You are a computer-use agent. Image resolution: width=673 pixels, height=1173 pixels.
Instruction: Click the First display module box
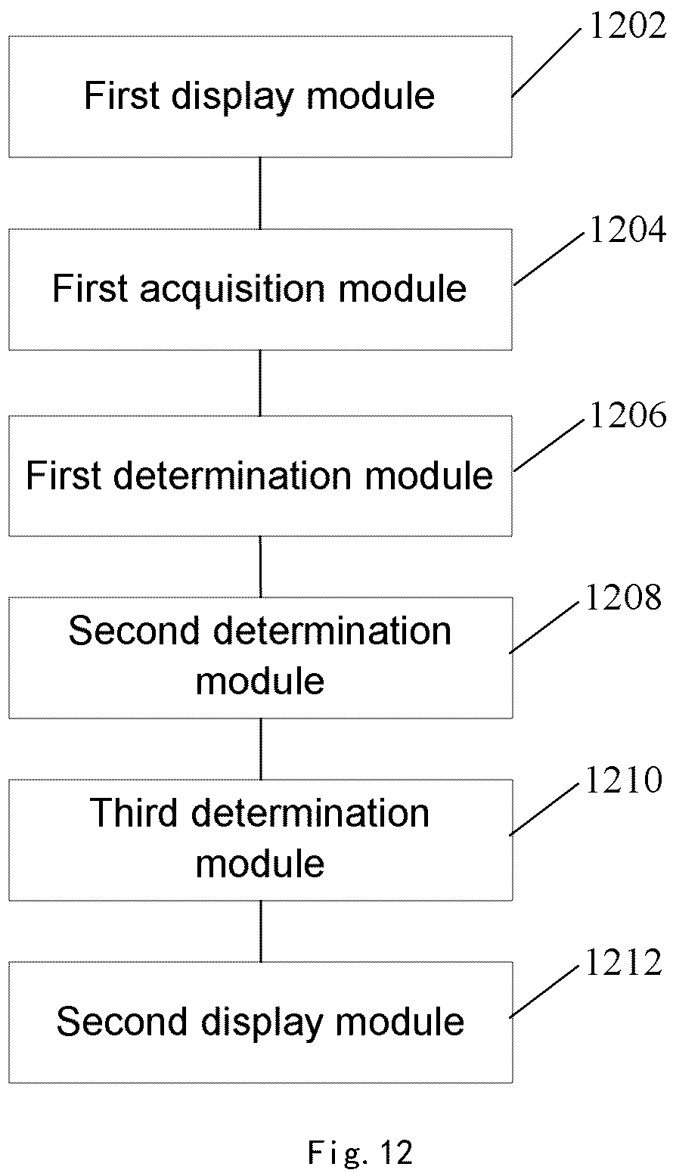[260, 97]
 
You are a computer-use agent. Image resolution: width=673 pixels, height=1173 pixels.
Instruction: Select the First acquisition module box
[260, 290]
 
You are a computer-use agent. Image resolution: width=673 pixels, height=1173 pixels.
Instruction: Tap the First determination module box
[260, 476]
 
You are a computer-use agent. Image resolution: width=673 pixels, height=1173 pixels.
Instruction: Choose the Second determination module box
[260, 658]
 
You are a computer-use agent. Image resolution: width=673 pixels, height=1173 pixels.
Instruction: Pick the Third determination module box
[260, 840]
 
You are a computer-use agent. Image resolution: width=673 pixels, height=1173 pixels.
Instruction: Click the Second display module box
[260, 1022]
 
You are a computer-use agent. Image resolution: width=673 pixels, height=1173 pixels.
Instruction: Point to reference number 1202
[628, 26]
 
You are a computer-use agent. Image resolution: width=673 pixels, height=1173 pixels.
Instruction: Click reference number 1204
[628, 230]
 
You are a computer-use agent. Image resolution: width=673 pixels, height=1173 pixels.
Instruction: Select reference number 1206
[628, 415]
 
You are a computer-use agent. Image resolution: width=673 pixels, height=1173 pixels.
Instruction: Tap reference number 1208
[624, 597]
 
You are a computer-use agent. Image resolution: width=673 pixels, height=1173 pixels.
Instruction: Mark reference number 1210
[624, 780]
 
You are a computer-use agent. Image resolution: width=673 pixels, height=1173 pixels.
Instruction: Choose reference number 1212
[624, 963]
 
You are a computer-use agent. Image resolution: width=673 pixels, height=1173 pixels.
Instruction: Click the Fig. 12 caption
[361, 1152]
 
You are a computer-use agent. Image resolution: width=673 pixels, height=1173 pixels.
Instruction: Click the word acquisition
[233, 290]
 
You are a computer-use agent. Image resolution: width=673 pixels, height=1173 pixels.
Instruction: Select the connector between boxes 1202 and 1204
[260, 193]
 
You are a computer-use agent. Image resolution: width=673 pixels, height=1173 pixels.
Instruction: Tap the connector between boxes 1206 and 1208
[260, 567]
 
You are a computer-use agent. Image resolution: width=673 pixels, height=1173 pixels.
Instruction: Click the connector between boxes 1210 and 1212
[261, 932]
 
